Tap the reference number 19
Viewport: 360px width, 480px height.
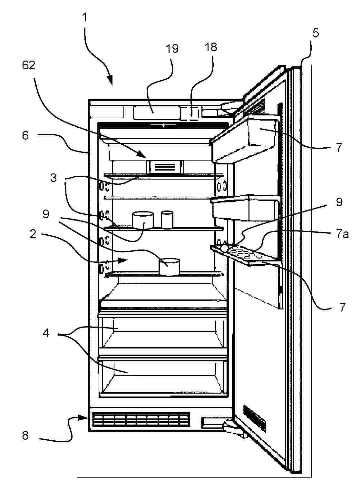tap(172, 48)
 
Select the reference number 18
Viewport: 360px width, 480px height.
tap(210, 47)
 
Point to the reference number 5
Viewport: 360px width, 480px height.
tap(316, 33)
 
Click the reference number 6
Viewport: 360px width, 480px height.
tap(25, 135)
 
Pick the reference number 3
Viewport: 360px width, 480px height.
tap(53, 178)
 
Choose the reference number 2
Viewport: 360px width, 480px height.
tap(33, 234)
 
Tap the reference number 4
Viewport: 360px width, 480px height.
tap(46, 334)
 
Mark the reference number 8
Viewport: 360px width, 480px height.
tap(25, 435)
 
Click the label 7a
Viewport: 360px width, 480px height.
tap(342, 234)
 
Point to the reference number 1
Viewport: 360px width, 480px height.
tap(84, 17)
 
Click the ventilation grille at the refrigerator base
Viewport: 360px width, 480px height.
tap(141, 422)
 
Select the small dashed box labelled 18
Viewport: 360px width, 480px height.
tap(190, 113)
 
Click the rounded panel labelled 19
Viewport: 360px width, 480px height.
tap(156, 113)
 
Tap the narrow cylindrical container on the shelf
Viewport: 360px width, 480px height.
tap(167, 220)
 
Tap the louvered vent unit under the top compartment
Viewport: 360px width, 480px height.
tap(165, 167)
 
